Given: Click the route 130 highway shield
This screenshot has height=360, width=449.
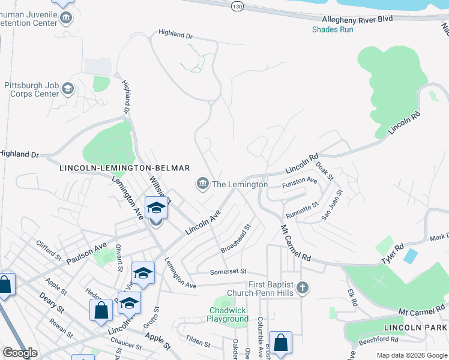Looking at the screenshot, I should click(x=238, y=5).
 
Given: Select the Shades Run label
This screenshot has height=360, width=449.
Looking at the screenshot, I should click(x=333, y=29).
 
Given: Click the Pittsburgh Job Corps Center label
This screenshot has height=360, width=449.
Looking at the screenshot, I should click(x=31, y=89).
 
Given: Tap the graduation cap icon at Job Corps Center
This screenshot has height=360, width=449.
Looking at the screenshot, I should click(x=68, y=90).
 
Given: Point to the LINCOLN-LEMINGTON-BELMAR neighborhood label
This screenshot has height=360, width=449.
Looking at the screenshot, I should click(x=125, y=169).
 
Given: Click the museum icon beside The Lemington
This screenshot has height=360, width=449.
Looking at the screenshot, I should click(x=202, y=184).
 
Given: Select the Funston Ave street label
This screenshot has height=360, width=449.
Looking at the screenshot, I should click(x=300, y=180).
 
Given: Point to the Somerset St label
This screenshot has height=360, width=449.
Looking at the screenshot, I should click(x=228, y=272).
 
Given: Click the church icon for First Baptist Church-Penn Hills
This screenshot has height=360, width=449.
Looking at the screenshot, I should click(x=303, y=288).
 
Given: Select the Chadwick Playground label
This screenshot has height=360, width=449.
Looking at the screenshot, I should click(x=229, y=314).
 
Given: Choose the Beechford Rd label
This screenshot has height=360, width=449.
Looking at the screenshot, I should click(x=382, y=340).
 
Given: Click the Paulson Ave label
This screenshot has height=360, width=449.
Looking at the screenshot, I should click(x=86, y=253).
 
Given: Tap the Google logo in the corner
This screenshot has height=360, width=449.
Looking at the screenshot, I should click(x=20, y=353).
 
